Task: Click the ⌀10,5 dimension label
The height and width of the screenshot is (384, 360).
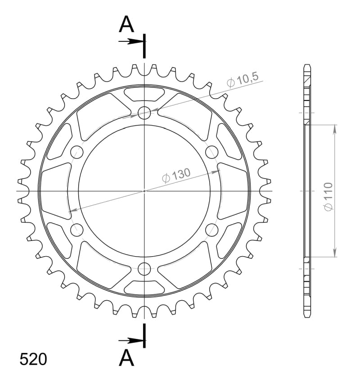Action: [x=243, y=80]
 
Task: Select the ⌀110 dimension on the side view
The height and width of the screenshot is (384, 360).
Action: [x=328, y=196]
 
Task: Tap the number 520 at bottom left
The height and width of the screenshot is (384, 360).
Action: [x=33, y=360]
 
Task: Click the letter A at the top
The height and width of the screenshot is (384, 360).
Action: [x=126, y=24]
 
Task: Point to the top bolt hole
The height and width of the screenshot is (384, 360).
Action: [x=144, y=113]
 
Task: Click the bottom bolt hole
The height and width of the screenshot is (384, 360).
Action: [x=144, y=269]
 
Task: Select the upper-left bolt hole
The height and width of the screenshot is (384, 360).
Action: [x=77, y=152]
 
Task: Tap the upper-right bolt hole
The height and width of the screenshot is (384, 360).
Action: [x=212, y=152]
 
